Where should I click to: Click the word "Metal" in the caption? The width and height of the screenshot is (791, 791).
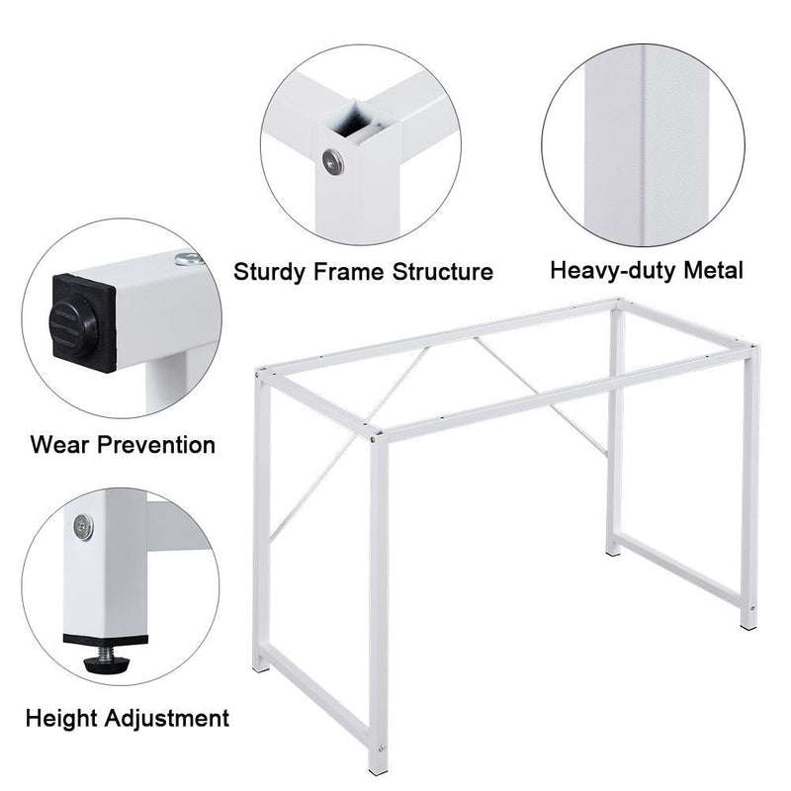tap(712, 270)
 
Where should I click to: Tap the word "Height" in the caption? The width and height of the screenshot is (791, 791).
tap(64, 718)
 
